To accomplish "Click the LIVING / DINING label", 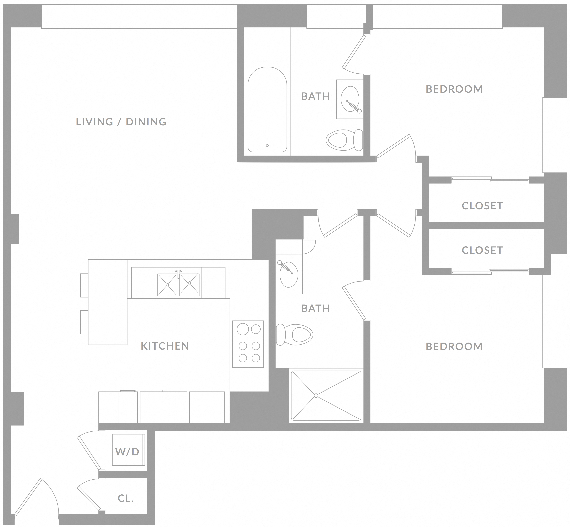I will point(121,122).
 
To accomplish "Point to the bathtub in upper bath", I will point(267,110).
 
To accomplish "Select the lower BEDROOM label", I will point(454,347).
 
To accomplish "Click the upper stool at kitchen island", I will point(84,285).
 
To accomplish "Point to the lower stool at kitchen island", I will point(84,322).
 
